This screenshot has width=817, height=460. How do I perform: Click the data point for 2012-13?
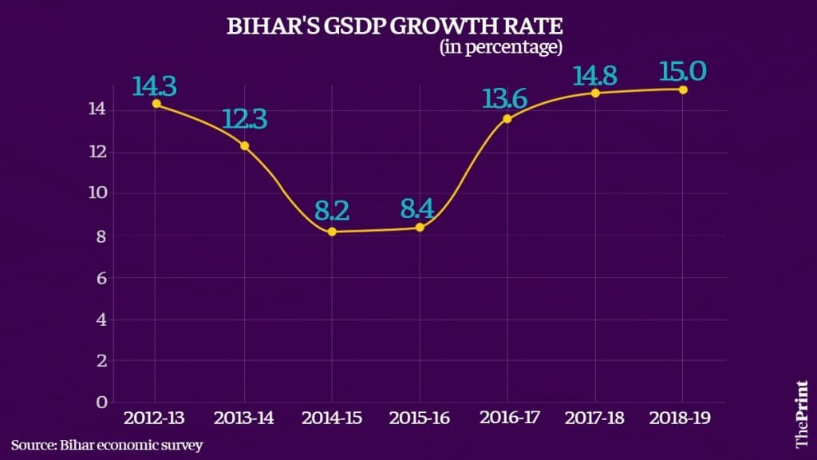156,104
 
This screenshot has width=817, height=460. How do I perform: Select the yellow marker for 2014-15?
332,232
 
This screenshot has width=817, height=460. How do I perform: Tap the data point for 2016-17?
507,118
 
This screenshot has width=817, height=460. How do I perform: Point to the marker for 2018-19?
683,89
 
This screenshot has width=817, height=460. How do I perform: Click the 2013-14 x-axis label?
244,418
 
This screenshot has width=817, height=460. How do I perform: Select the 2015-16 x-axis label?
420,418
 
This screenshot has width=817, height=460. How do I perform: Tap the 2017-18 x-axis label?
595,418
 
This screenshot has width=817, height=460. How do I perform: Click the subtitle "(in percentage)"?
501,49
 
